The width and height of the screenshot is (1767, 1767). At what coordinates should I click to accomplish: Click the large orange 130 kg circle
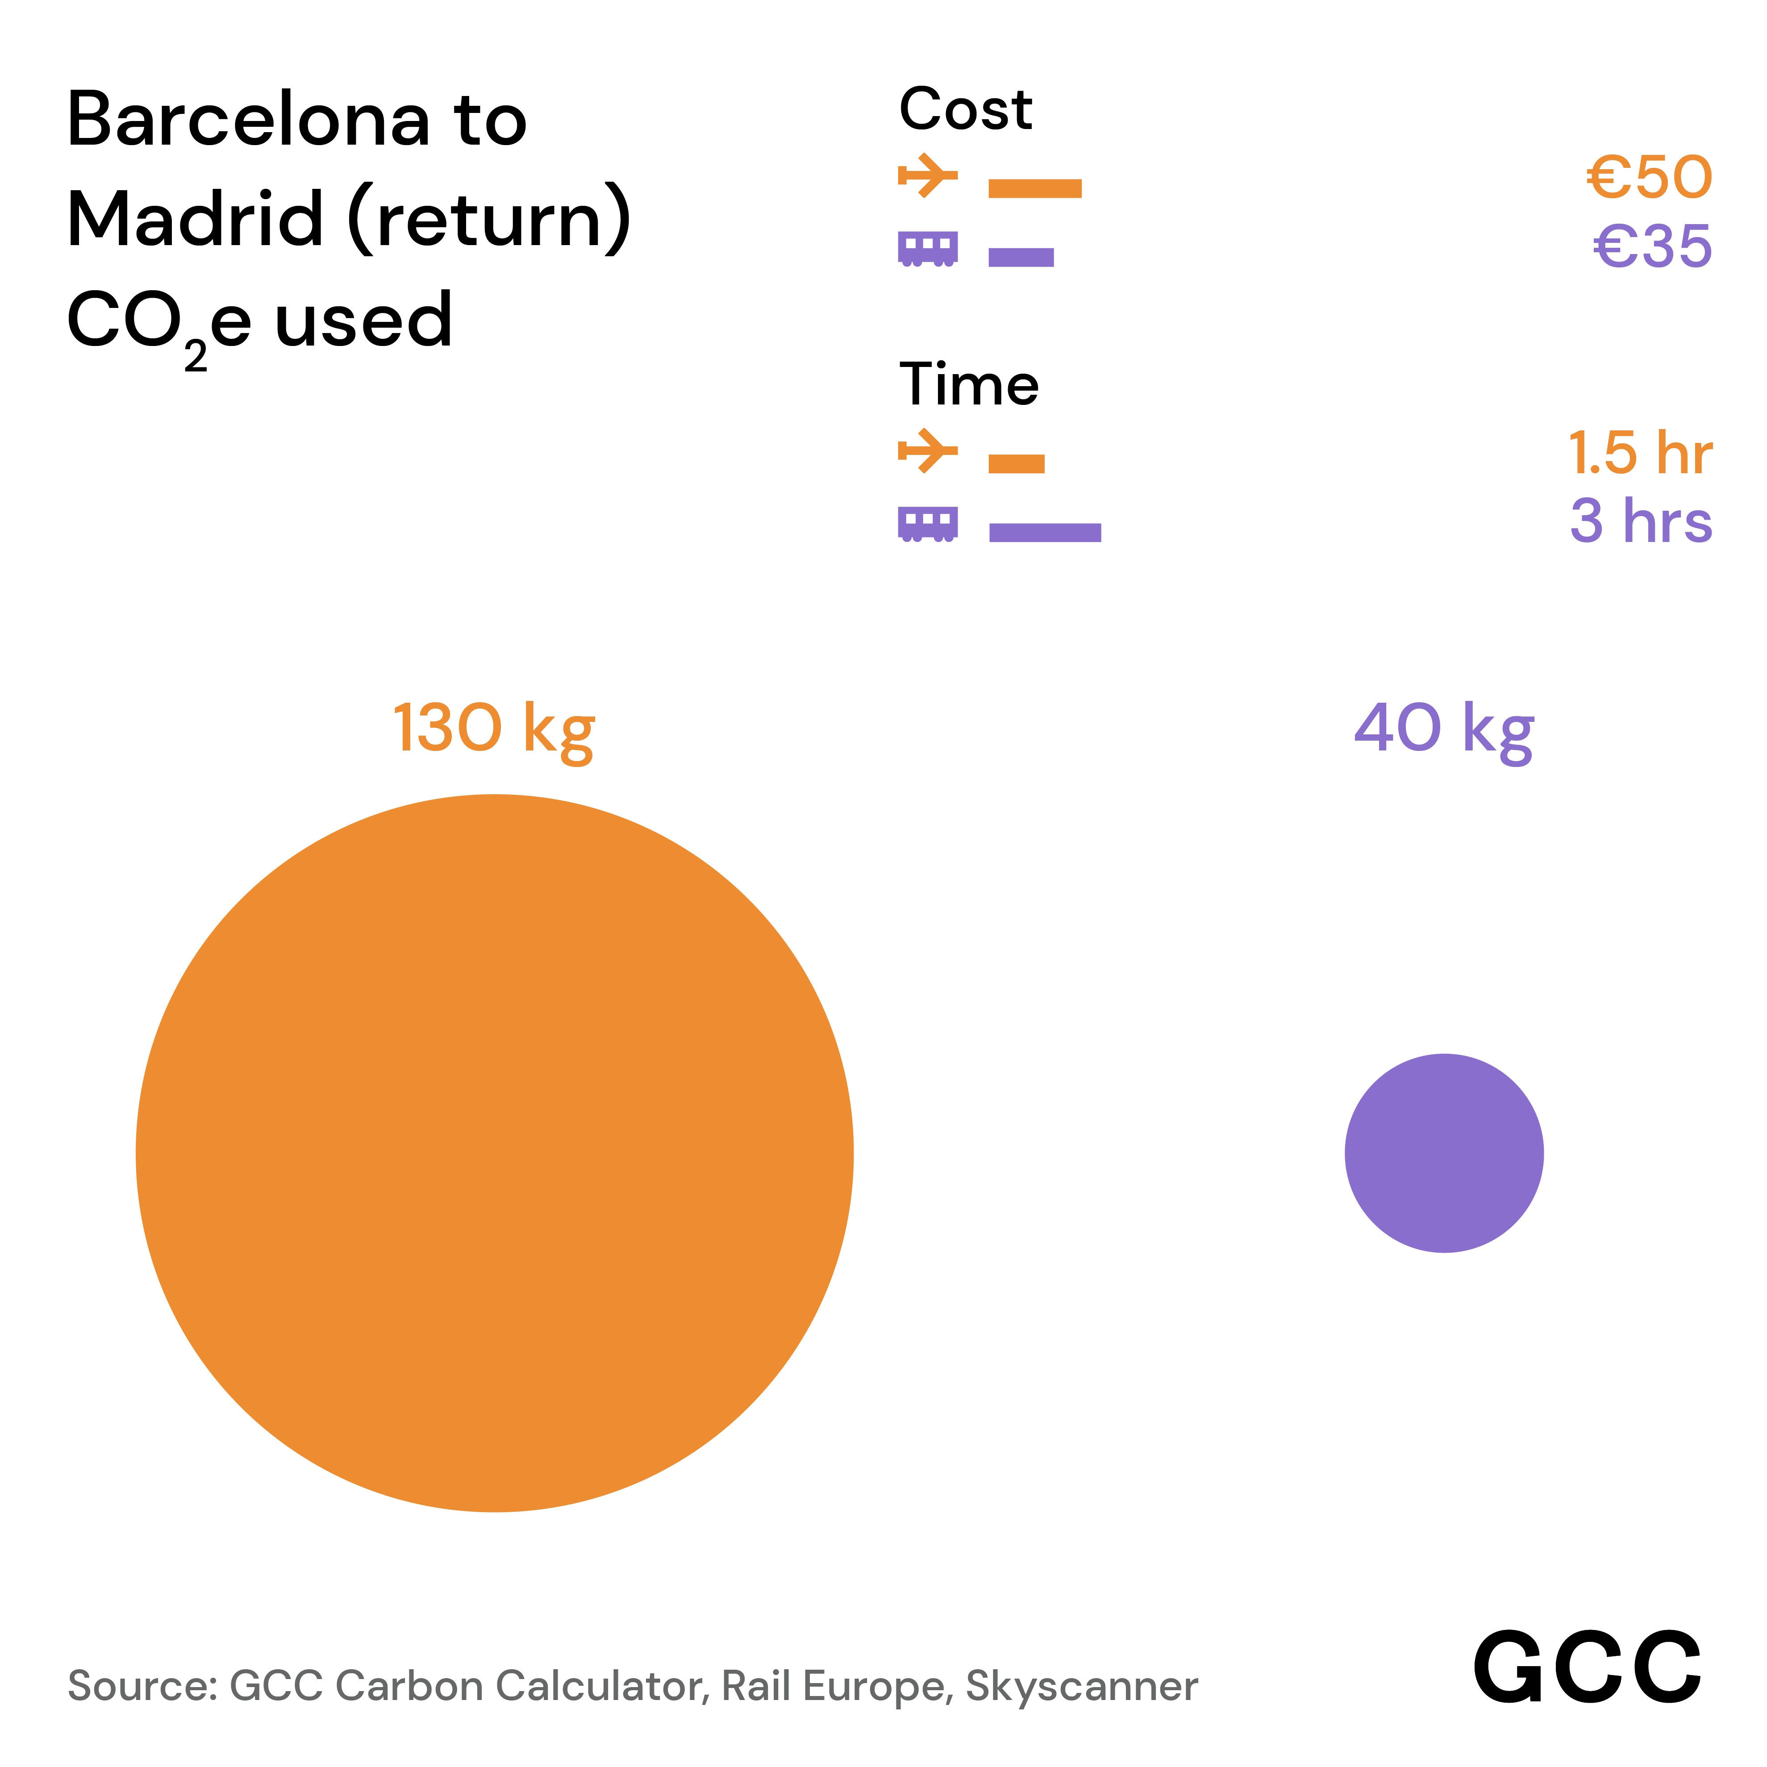tap(494, 1152)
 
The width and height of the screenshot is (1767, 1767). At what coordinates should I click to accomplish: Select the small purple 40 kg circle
tap(1443, 1152)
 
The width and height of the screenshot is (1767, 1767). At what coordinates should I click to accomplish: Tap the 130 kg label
tap(494, 729)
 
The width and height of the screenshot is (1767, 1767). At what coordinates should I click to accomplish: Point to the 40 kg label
tap(1443, 729)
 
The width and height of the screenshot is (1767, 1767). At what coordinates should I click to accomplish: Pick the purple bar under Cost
tap(1021, 257)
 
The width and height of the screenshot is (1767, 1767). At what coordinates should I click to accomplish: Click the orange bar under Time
tap(1016, 464)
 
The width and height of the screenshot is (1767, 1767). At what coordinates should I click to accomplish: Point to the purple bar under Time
tap(1045, 532)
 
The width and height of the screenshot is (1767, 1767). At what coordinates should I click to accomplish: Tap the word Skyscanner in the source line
tap(1081, 1686)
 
